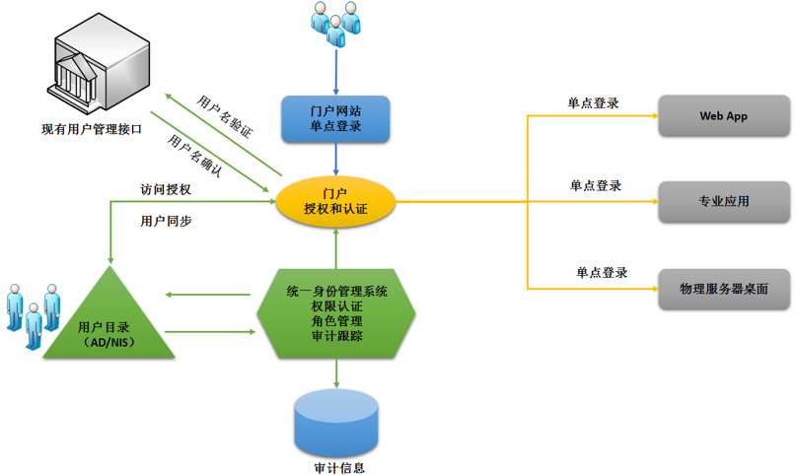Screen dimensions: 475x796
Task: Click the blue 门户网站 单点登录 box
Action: pyautogui.click(x=335, y=118)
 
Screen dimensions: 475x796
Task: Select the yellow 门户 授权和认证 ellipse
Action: pyautogui.click(x=335, y=200)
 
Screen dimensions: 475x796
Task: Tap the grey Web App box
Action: pyautogui.click(x=724, y=116)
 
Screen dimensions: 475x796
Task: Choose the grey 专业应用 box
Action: pyautogui.click(x=724, y=201)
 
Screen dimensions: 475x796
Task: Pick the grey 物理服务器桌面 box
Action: pyautogui.click(x=724, y=289)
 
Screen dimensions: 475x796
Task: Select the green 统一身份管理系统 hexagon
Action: pyautogui.click(x=336, y=314)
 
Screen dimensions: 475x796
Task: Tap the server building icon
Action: pyautogui.click(x=95, y=64)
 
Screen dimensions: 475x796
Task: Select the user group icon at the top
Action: pyautogui.click(x=335, y=24)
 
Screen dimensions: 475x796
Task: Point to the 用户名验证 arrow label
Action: pyautogui.click(x=225, y=114)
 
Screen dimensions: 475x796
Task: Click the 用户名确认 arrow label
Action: pyautogui.click(x=194, y=156)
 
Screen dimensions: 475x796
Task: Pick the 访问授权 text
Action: pyautogui.click(x=166, y=189)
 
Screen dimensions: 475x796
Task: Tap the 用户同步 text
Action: pyautogui.click(x=166, y=221)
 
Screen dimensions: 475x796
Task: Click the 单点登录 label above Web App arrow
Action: pyautogui.click(x=593, y=102)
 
